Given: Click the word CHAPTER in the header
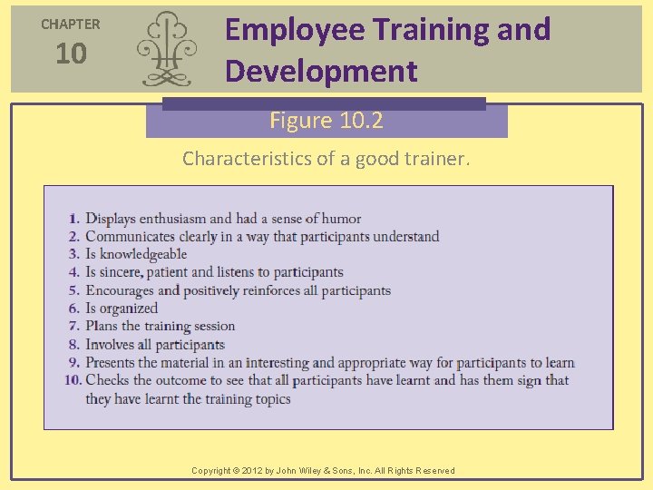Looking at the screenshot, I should tap(71, 24).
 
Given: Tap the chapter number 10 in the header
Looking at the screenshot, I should tap(71, 54).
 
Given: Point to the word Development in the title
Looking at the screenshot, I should tap(321, 71).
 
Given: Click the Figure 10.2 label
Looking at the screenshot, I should tap(326, 120).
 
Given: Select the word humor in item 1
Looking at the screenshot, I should tap(340, 219).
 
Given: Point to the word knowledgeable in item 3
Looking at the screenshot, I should tap(142, 254).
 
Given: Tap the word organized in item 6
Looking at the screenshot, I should tap(129, 309).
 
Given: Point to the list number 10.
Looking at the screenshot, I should tap(73, 380).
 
